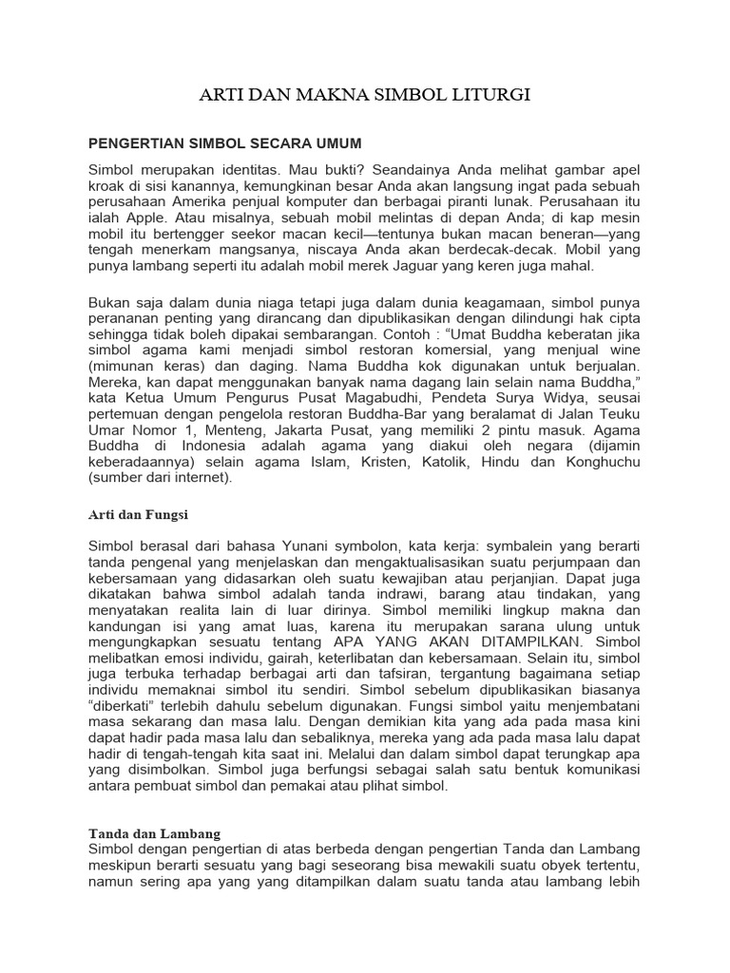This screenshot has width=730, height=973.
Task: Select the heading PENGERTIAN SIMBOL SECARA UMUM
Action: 225,143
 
